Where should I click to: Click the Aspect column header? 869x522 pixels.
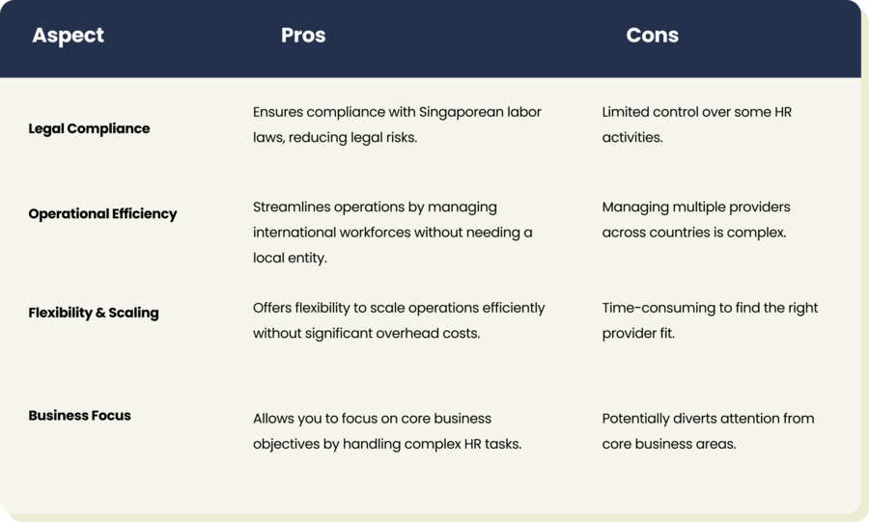(68, 36)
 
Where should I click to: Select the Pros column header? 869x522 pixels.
(303, 35)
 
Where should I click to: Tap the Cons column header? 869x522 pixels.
(653, 35)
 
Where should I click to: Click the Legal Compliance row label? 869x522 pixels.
(89, 128)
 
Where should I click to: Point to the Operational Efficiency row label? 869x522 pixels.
(102, 213)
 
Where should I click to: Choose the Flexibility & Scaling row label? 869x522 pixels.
(94, 313)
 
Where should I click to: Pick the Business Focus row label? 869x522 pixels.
(80, 415)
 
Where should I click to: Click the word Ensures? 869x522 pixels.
(278, 112)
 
